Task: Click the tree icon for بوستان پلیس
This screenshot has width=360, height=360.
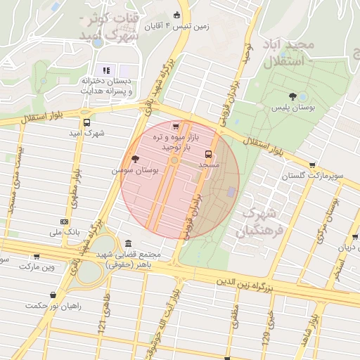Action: click(292, 96)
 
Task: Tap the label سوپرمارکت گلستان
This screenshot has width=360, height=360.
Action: click(313, 174)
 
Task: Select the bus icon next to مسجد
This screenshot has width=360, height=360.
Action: click(207, 153)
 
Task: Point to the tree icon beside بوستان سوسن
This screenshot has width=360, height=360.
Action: click(135, 160)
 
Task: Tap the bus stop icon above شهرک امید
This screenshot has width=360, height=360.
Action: click(86, 122)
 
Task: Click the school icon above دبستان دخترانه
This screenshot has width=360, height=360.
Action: click(107, 70)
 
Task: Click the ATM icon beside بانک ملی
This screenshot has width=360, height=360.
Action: click(65, 221)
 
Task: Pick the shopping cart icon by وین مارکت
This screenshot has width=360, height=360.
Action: click(37, 257)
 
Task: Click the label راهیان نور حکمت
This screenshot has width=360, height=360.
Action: click(53, 306)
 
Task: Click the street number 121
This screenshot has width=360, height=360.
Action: click(101, 324)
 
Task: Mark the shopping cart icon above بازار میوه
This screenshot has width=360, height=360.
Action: click(175, 127)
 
